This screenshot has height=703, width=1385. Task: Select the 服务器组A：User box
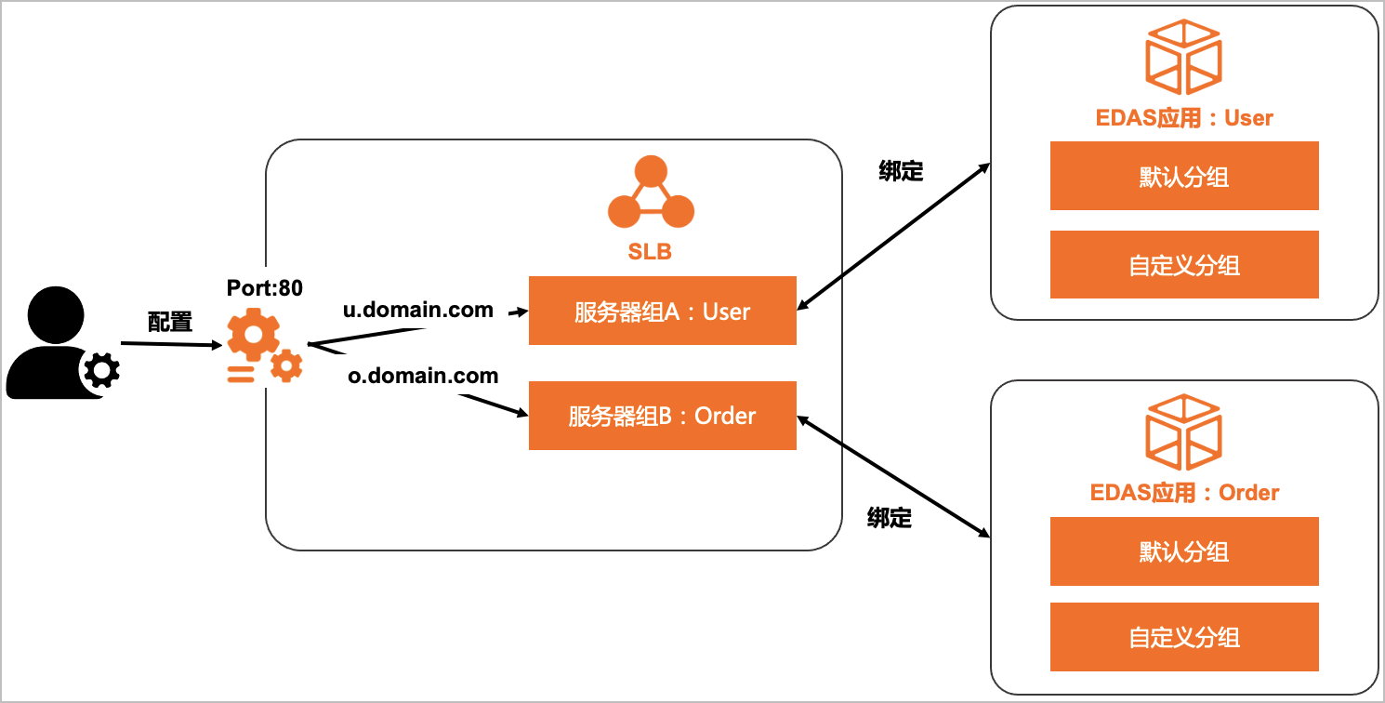point(662,311)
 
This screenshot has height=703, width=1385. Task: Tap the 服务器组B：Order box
point(662,416)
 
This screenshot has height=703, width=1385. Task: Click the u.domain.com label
point(418,311)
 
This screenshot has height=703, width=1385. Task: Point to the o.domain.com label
point(423,377)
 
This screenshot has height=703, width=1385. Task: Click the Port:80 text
point(265,288)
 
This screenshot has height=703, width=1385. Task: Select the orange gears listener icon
point(264,348)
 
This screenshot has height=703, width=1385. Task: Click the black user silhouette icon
point(56,343)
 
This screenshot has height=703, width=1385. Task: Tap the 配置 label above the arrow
point(170,322)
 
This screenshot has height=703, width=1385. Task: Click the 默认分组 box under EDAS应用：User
point(1184,176)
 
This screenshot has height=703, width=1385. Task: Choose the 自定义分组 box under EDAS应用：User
point(1184,265)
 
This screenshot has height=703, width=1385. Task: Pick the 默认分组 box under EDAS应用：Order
point(1184,551)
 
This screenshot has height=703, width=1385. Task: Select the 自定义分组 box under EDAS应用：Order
point(1184,637)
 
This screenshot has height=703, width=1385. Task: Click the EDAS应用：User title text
point(1184,118)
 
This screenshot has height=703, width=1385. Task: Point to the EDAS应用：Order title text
point(1184,493)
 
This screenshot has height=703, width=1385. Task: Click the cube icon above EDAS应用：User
point(1183,58)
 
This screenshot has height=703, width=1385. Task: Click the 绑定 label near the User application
point(901,172)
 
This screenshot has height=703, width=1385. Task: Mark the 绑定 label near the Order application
point(890,518)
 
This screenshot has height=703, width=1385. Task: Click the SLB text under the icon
point(650,252)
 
